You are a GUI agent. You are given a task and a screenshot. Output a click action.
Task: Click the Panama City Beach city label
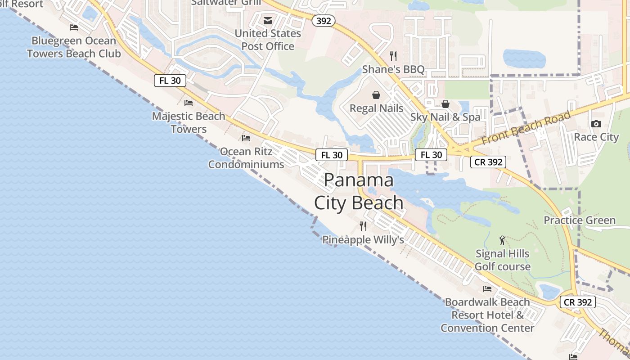[x=359, y=191]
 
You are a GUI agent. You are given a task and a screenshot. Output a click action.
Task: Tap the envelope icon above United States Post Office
[x=268, y=20]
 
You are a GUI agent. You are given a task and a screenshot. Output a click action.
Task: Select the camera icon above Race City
[x=596, y=124]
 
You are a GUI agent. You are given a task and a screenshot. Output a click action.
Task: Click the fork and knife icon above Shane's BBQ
[x=393, y=56]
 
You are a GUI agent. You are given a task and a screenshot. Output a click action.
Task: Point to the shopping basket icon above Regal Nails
[x=376, y=95]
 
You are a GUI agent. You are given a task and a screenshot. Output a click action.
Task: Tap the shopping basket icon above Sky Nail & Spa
[x=445, y=104]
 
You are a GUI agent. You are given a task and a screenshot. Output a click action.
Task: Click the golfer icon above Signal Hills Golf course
[x=503, y=240]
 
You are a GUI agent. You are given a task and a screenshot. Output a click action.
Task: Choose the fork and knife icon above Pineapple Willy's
[x=363, y=226]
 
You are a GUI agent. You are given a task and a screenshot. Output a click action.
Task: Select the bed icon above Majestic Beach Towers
[x=189, y=103]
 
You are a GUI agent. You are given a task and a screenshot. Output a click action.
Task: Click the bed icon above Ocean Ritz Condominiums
[x=246, y=138]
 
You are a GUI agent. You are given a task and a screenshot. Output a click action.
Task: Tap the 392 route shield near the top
[x=324, y=21]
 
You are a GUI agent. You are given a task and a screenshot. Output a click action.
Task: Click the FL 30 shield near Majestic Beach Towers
[x=170, y=81]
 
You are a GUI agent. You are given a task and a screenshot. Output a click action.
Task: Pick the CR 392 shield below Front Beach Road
[x=488, y=162]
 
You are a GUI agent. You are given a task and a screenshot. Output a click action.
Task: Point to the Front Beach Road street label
[x=526, y=127]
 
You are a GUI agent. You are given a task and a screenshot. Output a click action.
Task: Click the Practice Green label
[x=580, y=220]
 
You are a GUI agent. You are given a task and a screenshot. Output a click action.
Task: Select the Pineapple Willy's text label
[x=363, y=240]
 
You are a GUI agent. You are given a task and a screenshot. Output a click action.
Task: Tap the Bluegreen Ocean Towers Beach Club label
[x=74, y=47]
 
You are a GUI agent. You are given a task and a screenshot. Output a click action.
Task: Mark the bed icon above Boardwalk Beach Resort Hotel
[x=487, y=288]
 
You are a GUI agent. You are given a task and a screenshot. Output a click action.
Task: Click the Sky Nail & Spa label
[x=445, y=117]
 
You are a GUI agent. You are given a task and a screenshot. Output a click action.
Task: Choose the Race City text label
[x=596, y=137]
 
